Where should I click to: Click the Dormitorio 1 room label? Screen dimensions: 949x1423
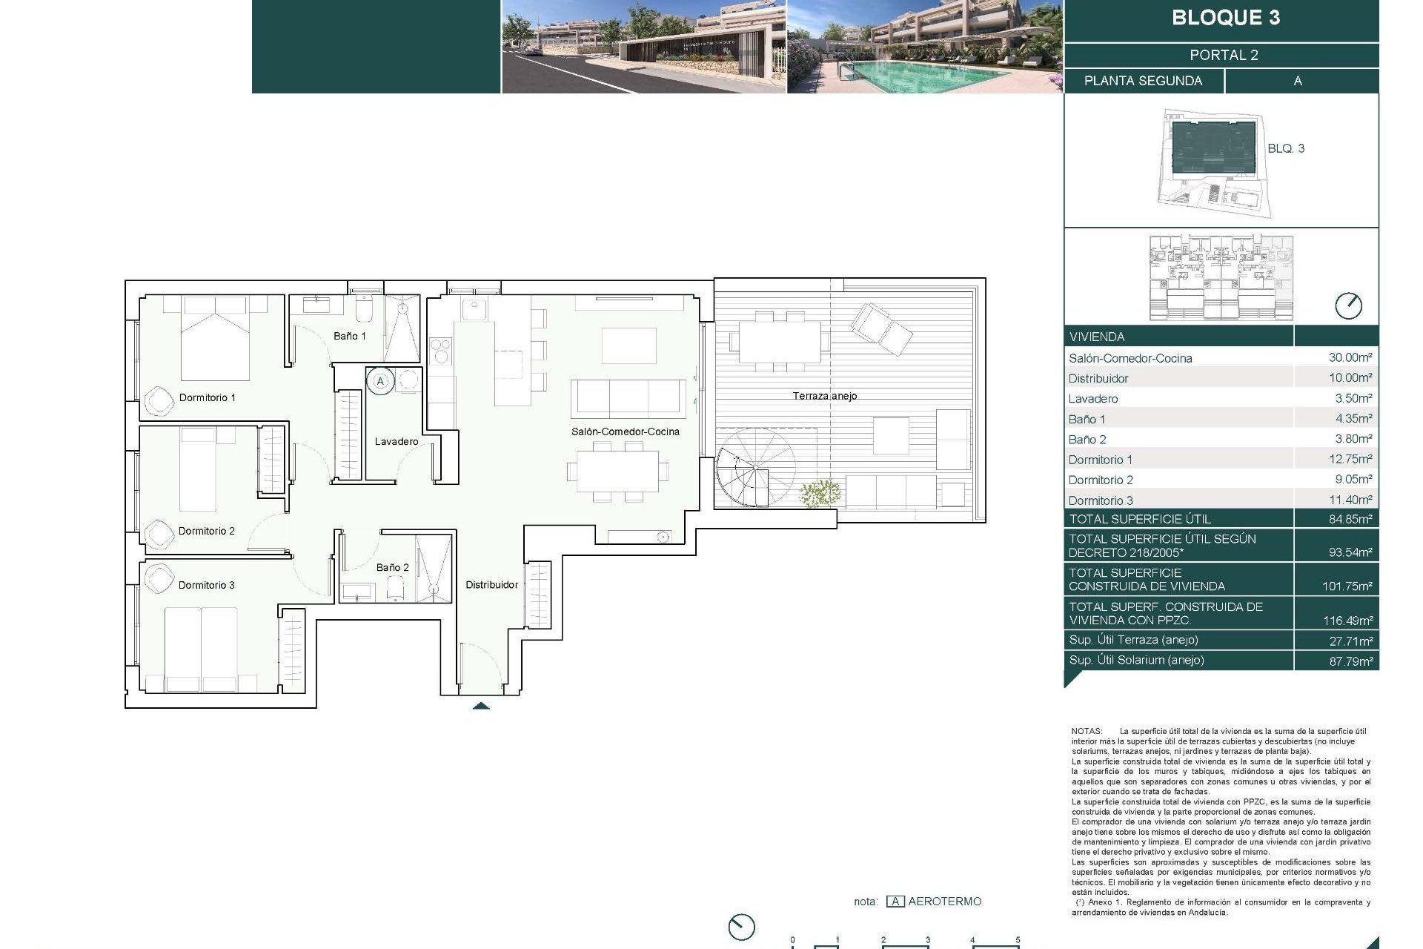[x=207, y=397]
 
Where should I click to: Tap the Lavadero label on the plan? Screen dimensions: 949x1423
[x=397, y=441]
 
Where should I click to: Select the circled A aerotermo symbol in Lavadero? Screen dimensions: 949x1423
[x=380, y=381]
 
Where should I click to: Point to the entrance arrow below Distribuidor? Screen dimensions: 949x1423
[x=481, y=706]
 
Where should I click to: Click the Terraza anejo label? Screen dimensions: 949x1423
[x=824, y=396]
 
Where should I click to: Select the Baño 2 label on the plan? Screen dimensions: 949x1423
[x=392, y=567]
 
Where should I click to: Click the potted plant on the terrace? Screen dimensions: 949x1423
[x=820, y=494]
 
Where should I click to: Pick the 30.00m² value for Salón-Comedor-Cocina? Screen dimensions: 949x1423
[x=1350, y=357]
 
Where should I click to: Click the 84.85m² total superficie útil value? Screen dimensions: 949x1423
[x=1350, y=519]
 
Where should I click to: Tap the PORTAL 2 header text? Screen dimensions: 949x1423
[x=1224, y=55]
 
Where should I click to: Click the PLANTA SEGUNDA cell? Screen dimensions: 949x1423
[x=1143, y=81]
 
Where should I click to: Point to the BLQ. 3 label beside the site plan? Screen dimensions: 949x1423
[x=1285, y=148]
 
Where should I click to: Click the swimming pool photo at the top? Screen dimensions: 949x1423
[x=924, y=47]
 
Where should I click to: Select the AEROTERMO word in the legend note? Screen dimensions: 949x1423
[x=944, y=902]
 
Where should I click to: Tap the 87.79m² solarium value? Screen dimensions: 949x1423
[x=1350, y=661]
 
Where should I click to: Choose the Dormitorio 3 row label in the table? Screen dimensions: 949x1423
[x=1101, y=500]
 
